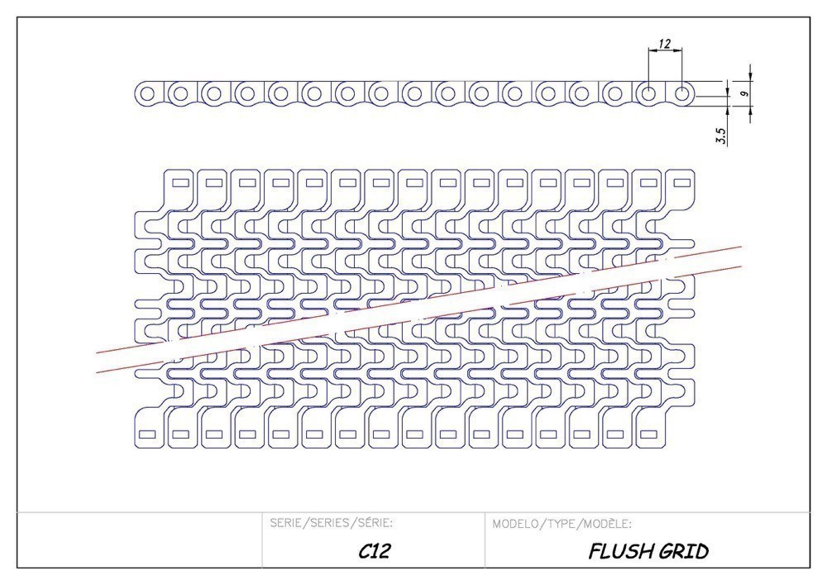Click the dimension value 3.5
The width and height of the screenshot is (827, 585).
[721, 137]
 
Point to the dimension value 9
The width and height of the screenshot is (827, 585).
[744, 94]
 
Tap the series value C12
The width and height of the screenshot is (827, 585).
[375, 551]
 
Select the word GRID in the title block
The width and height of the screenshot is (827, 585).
[683, 552]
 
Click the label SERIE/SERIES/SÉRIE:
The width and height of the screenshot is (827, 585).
[332, 523]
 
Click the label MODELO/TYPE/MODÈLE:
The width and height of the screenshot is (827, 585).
[562, 524]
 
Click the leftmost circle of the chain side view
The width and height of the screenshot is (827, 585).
[148, 94]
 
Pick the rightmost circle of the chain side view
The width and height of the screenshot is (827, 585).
[683, 94]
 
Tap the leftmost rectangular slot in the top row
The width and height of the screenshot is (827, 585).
[179, 183]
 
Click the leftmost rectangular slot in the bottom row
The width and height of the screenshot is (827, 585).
[146, 434]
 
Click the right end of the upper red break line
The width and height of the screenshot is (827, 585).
[742, 246]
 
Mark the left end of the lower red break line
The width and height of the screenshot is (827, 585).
[97, 372]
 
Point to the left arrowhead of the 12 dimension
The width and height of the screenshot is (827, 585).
[652, 50]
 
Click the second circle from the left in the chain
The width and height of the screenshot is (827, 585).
[181, 94]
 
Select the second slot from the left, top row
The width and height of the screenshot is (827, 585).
[213, 183]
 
